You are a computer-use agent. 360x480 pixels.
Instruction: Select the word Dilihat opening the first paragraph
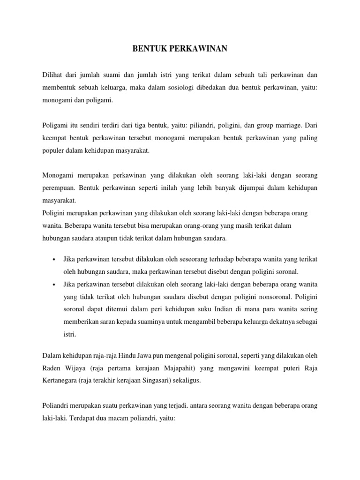(53, 75)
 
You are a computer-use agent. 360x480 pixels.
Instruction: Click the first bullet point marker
(55, 259)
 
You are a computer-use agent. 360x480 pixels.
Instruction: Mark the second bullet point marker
(55, 285)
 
